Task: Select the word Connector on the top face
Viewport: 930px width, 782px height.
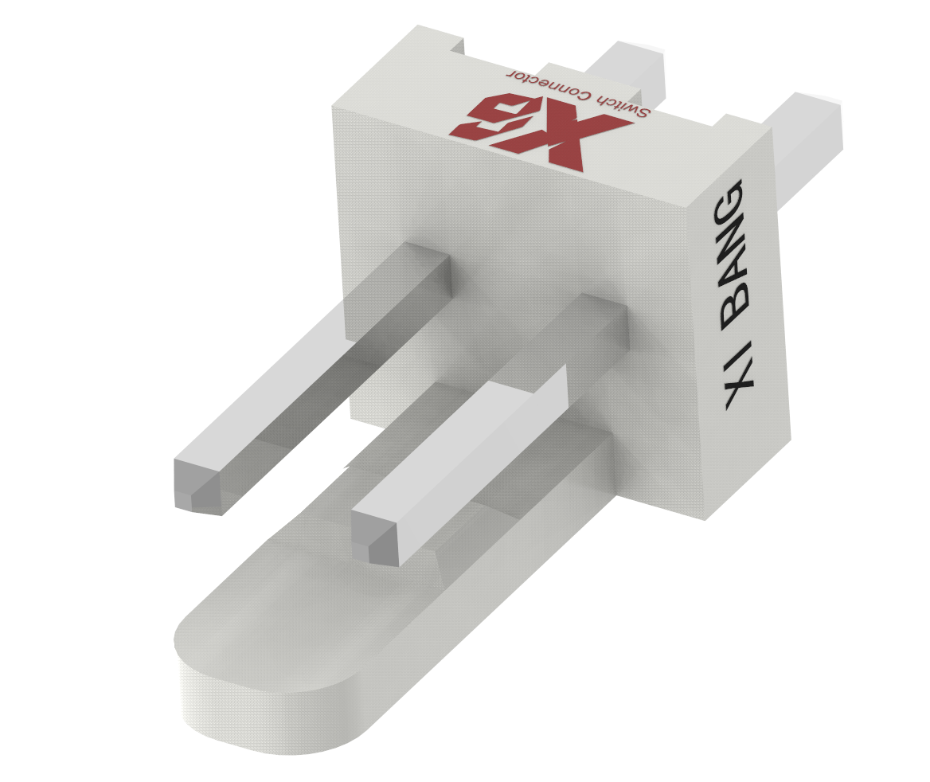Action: point(549,84)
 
